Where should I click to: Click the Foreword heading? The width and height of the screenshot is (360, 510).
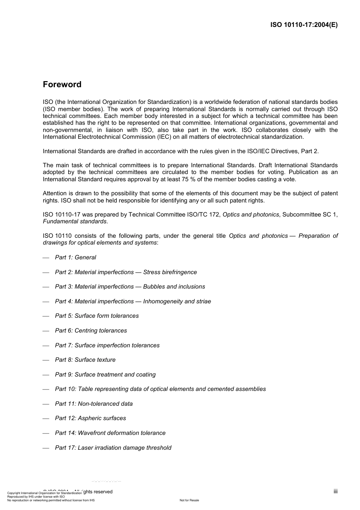(62, 85)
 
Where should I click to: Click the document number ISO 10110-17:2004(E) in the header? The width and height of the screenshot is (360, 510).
(304, 25)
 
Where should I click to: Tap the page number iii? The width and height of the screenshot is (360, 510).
(335, 491)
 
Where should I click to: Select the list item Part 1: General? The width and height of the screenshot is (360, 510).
(75, 257)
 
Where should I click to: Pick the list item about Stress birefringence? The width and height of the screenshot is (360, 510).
(126, 272)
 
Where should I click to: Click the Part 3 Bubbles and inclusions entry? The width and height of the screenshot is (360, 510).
(130, 287)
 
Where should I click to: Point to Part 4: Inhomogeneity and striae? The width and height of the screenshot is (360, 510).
(133, 301)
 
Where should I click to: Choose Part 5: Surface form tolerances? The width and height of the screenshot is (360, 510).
(97, 316)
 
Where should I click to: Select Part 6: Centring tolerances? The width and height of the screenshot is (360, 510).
(91, 331)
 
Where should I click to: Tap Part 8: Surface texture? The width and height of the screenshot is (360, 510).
(85, 360)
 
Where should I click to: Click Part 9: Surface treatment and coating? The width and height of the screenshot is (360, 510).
(105, 375)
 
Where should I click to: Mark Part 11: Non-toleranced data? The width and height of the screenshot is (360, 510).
(94, 404)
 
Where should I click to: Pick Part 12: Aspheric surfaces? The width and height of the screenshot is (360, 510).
(91, 418)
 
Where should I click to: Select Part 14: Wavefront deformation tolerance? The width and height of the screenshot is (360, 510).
(110, 433)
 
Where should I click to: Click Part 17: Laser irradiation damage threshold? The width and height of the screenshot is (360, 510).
(113, 448)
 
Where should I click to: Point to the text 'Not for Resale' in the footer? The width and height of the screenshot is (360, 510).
(189, 500)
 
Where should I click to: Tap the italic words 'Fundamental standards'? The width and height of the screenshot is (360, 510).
(75, 221)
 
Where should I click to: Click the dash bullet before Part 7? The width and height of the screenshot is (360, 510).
(46, 345)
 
